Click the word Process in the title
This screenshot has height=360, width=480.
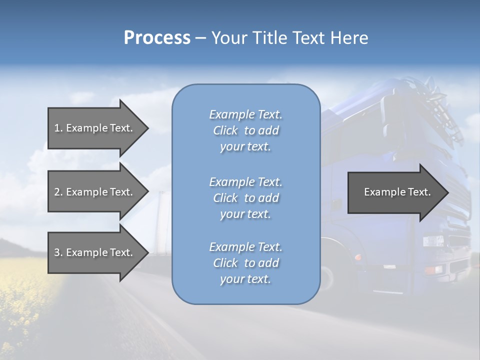point(157,38)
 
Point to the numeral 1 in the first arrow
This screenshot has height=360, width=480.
point(57,128)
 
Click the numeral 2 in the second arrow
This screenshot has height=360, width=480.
point(57,192)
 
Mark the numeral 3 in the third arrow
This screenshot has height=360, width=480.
point(57,252)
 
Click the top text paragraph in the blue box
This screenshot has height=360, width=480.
point(245,130)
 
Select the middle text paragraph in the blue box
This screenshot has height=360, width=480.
point(245,198)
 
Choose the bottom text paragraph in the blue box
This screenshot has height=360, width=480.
point(245,263)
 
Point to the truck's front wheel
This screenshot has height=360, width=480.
point(327,278)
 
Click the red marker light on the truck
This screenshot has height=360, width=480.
point(357,257)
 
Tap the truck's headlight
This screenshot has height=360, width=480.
point(433,241)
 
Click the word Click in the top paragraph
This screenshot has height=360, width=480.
point(225,130)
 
